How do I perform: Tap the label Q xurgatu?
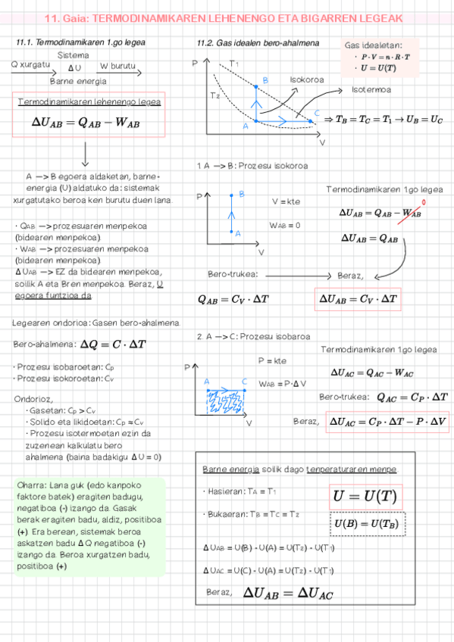coord(30,66)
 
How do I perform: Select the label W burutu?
coord(117,66)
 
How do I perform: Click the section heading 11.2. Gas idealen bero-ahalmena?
coord(257,45)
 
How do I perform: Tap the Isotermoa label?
coord(371,90)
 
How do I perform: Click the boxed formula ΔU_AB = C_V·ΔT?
coord(359,299)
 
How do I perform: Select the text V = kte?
coord(286,201)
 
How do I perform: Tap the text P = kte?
coord(271,360)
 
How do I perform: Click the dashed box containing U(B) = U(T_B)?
coord(368,524)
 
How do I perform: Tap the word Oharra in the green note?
coord(31,485)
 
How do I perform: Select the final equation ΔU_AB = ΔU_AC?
coord(288,593)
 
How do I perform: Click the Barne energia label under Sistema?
coord(77,80)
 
